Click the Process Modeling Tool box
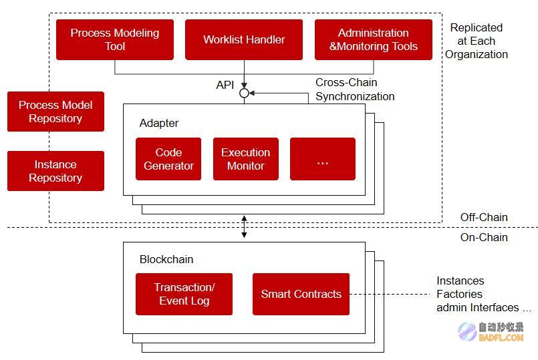coord(115,40)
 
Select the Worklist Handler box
coord(244,40)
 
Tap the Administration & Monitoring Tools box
coord(374,40)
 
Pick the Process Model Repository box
coord(55,112)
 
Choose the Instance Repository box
coord(55,171)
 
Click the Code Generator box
coord(168,159)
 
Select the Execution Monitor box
coord(246,159)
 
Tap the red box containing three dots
coord(323,159)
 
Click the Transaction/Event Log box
coord(184,294)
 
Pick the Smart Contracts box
coord(301,294)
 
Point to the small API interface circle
coord(244,93)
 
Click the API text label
coord(225,85)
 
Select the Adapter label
coord(159,123)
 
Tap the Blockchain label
coord(166,259)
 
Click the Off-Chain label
coord(484,217)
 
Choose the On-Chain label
coord(484,237)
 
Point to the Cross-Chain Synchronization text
coord(355,89)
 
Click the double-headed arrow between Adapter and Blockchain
coord(244,226)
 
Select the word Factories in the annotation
coord(459,294)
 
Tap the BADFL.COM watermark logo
coord(491,332)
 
